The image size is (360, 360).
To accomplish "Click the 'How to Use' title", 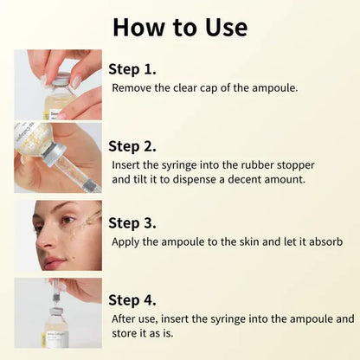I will pyautogui.click(x=179, y=26).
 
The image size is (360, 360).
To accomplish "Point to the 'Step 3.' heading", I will pyautogui.click(x=132, y=223).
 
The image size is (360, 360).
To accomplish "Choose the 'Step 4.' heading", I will pyautogui.click(x=132, y=300).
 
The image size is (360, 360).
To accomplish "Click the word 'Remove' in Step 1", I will pyautogui.click(x=132, y=87).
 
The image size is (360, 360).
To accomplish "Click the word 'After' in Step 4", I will pyautogui.click(x=125, y=318).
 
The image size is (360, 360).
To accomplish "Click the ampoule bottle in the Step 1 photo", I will pyautogui.click(x=58, y=97).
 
